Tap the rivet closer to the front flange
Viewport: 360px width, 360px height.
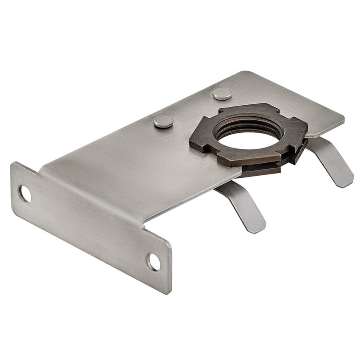(164, 121)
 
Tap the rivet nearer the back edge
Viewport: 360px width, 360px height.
(222, 94)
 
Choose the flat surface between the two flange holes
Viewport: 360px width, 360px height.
(88, 224)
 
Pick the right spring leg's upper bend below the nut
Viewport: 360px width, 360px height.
(316, 144)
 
